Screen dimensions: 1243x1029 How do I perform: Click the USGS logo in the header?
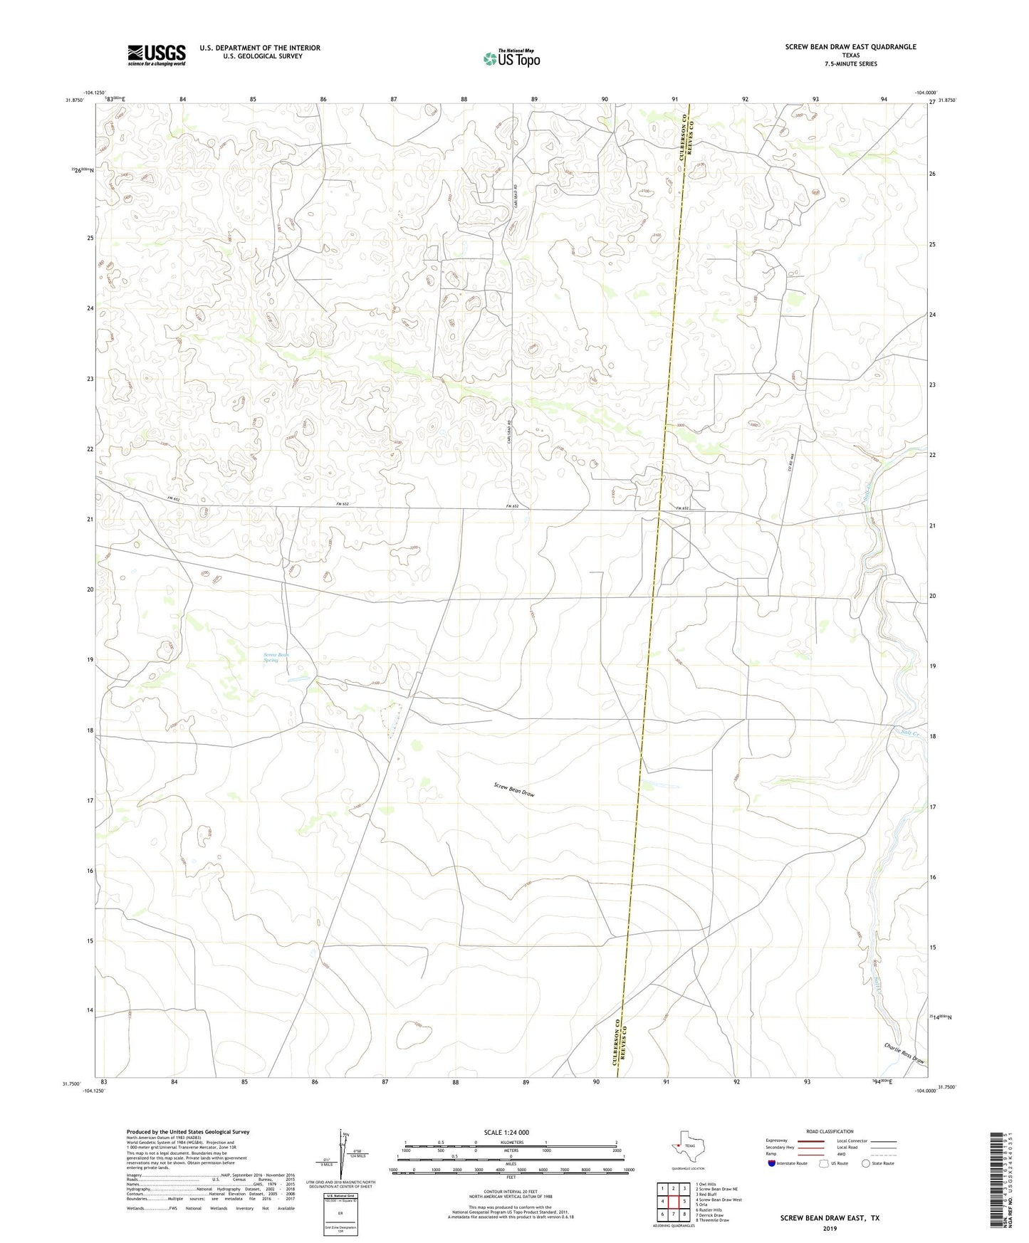point(157,54)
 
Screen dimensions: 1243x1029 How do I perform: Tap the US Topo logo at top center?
point(511,58)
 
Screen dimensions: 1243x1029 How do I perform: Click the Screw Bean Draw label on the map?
point(513,789)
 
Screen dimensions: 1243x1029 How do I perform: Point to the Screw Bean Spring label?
point(276,657)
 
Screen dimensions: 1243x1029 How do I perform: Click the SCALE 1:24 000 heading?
point(506,1133)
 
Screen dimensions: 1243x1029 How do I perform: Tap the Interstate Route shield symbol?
point(772,1163)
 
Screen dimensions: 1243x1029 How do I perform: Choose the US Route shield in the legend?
point(825,1163)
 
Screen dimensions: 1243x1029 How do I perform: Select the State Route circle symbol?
point(866,1163)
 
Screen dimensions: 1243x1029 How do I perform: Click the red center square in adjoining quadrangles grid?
point(673,1201)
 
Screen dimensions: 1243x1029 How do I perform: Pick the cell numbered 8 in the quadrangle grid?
point(684,1214)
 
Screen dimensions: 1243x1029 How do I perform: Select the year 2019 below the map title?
point(830,1228)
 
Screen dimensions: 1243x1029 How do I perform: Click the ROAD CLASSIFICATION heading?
point(830,1131)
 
